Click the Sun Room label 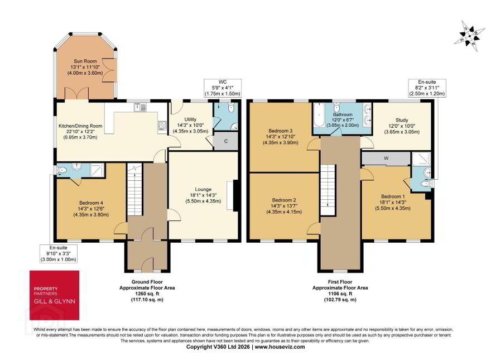click(85, 61)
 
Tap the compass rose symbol click(469, 36)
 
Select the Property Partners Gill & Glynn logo click(54, 295)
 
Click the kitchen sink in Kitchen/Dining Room click(140, 107)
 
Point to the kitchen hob click(162, 126)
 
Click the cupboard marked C click(226, 141)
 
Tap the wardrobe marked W click(386, 159)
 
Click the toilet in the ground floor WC click(232, 108)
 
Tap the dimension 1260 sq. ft click(147, 294)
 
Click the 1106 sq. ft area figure click(340, 294)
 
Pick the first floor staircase click(328, 190)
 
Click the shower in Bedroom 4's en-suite click(97, 170)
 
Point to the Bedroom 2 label click(284, 200)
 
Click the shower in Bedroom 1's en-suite click(421, 159)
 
